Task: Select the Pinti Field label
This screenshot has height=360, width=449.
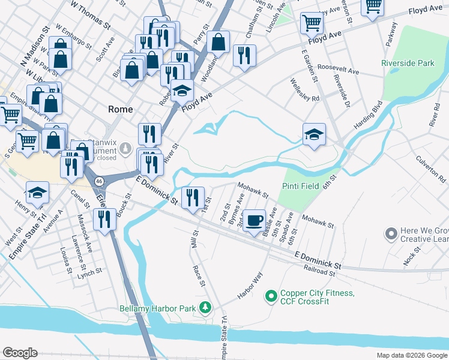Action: [x=301, y=186]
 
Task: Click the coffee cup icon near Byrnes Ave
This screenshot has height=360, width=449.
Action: [x=255, y=220]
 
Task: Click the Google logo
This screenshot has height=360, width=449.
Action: [x=20, y=352]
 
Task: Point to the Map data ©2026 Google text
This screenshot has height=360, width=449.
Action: [x=412, y=355]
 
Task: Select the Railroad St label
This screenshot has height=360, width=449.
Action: [x=319, y=272]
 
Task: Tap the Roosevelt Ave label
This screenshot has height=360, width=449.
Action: [x=339, y=70]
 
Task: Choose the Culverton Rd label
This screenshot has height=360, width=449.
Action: [x=430, y=170]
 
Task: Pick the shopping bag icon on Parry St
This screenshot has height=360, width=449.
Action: [x=219, y=42]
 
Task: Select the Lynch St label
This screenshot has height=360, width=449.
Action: [x=89, y=271]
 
